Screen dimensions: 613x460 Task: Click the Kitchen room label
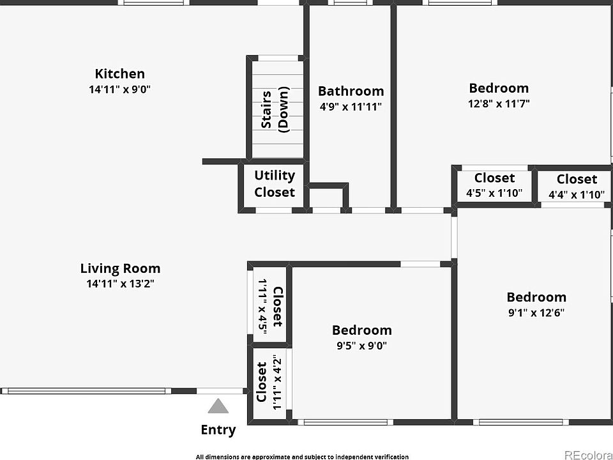119,73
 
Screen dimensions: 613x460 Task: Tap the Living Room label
121,268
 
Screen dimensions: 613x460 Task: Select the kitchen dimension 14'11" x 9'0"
119,89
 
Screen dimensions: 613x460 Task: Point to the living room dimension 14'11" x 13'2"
121,284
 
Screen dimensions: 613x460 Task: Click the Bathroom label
351,91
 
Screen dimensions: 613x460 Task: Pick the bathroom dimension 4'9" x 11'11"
351,107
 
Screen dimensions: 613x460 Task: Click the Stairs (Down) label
275,109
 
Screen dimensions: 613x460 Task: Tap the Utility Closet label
275,183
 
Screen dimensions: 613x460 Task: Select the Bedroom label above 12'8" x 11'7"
499,88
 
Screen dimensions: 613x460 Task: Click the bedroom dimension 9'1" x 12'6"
536,312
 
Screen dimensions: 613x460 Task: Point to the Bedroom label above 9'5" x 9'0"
361,330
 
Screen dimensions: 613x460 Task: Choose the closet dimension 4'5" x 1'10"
494,193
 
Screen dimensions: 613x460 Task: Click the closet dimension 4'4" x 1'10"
577,194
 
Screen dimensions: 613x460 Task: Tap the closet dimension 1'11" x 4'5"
262,306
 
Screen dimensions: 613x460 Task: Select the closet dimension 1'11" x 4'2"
277,382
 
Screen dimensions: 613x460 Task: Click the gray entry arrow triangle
218,406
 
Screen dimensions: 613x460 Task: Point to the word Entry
218,429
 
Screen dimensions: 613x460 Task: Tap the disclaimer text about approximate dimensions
302,456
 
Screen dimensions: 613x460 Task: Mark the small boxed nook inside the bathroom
327,197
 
